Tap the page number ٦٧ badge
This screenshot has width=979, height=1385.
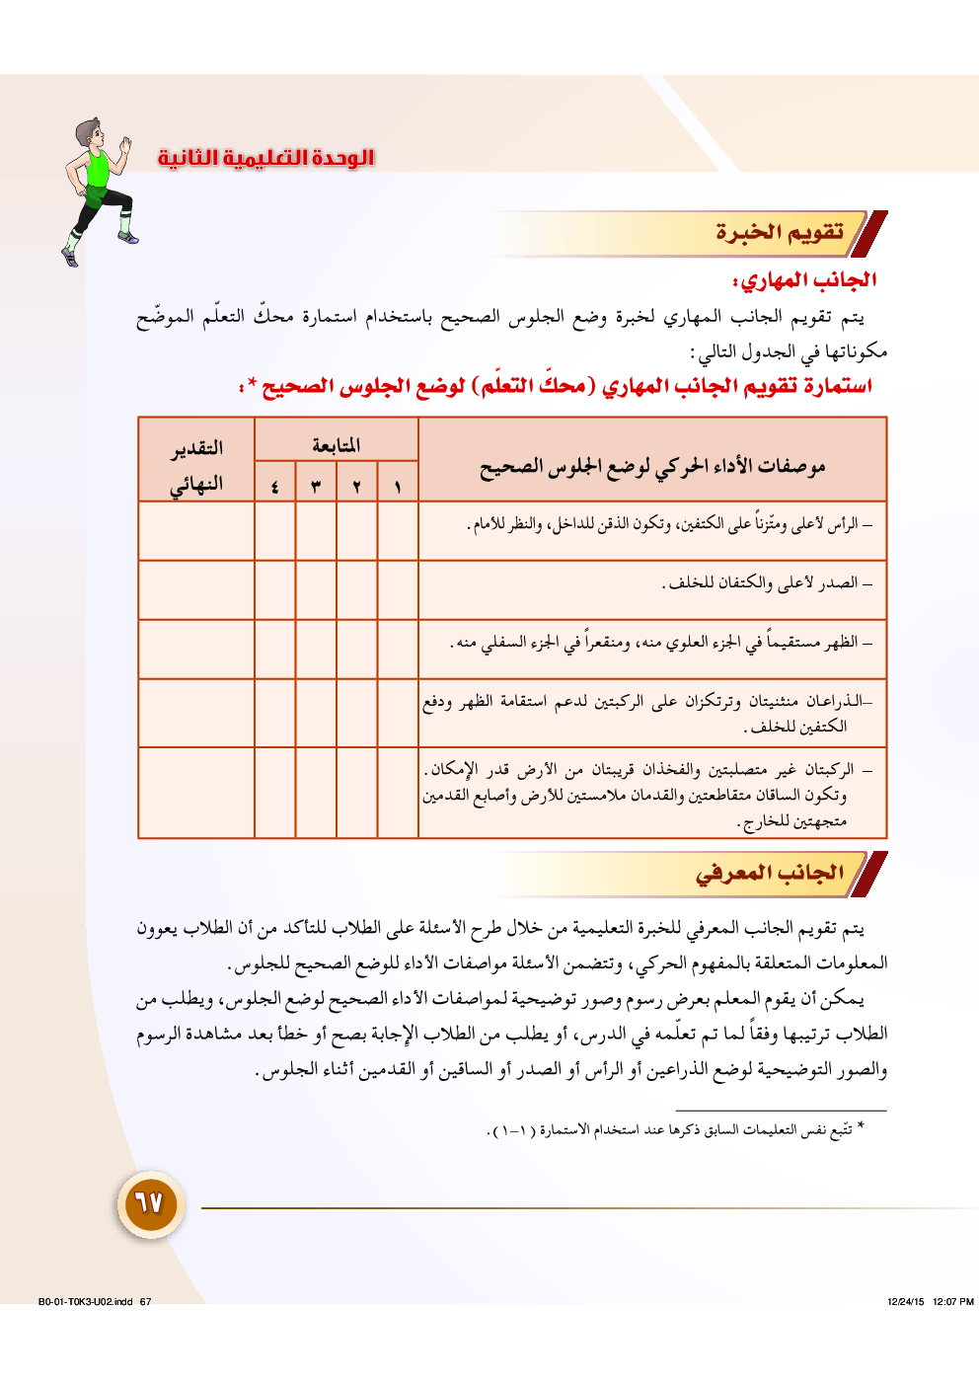coord(149,1203)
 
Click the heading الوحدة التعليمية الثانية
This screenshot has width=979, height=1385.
coord(266,158)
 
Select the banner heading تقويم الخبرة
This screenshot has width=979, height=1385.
coord(779,233)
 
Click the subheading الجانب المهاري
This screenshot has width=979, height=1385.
coord(803,280)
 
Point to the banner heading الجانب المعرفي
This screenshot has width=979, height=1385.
coord(769,874)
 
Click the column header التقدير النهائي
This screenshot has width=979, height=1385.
coord(196,465)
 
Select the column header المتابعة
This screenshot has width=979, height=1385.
coord(337,445)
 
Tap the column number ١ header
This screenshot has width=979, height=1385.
coord(398,486)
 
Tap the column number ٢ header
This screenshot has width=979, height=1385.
coord(356,486)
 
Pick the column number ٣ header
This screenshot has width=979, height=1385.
coord(316,486)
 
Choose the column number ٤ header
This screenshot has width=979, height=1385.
coord(274,486)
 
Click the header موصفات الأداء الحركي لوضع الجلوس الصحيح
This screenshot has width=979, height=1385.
coord(652,467)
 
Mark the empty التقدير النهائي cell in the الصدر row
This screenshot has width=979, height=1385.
coord(196,590)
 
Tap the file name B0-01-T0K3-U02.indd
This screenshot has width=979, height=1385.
coord(85,1301)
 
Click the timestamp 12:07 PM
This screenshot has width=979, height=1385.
coord(952,1301)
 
